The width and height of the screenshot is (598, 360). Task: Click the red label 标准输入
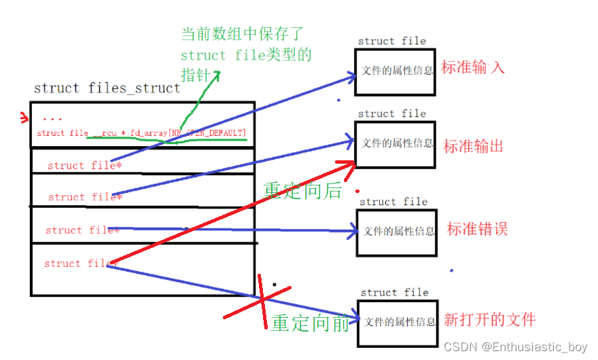click(473, 68)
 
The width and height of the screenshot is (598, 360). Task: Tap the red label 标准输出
click(473, 146)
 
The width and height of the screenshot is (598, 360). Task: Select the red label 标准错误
click(477, 229)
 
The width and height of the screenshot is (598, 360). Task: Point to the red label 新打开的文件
click(489, 319)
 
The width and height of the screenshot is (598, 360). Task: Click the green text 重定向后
click(302, 191)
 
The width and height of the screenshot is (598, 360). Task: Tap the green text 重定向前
click(310, 323)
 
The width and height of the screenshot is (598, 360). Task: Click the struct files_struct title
click(107, 88)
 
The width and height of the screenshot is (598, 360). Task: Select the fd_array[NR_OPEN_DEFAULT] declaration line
click(142, 133)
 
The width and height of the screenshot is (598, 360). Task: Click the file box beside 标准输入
click(395, 71)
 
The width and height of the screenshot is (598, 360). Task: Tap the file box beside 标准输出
click(395, 144)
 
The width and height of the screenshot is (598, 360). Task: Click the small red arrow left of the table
click(24, 120)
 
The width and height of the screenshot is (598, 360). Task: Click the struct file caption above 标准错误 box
click(393, 202)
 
